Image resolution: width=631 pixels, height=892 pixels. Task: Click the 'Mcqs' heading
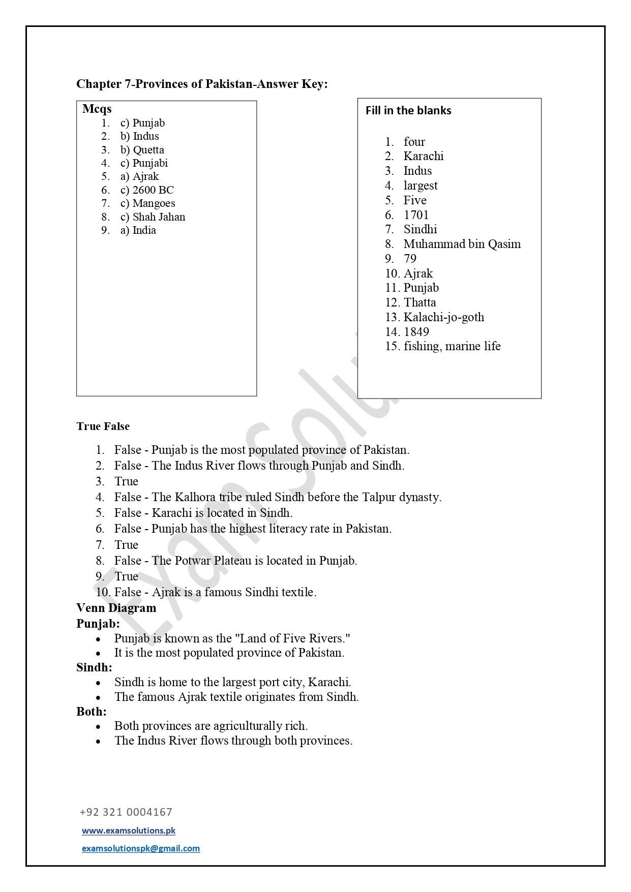point(97,109)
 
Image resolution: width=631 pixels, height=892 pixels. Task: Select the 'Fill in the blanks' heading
point(408,110)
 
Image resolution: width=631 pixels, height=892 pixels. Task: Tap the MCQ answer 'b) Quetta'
point(142,150)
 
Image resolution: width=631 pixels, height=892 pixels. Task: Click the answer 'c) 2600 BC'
point(147,190)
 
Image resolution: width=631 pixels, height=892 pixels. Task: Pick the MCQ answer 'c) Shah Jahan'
point(153,217)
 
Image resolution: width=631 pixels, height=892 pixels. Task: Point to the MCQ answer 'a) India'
point(138,230)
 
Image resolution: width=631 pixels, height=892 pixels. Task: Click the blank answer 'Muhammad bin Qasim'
point(462,244)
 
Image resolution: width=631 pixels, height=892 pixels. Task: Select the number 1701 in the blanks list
point(416,215)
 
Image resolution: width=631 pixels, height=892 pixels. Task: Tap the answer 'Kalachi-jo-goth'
point(443,317)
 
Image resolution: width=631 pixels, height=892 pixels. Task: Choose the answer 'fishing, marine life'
point(452,346)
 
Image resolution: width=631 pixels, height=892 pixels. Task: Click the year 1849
point(416,332)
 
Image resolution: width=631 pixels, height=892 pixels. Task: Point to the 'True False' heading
point(103,426)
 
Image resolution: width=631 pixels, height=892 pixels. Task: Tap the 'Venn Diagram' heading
point(116,608)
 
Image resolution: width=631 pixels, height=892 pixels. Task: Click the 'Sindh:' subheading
point(94,667)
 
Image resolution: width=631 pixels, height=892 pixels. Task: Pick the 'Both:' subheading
point(92,712)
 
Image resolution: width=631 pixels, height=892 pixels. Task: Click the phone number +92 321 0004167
point(126,812)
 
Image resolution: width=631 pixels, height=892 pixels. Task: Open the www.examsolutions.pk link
point(129,831)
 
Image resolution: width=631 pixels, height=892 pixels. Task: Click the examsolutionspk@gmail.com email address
point(141,848)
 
